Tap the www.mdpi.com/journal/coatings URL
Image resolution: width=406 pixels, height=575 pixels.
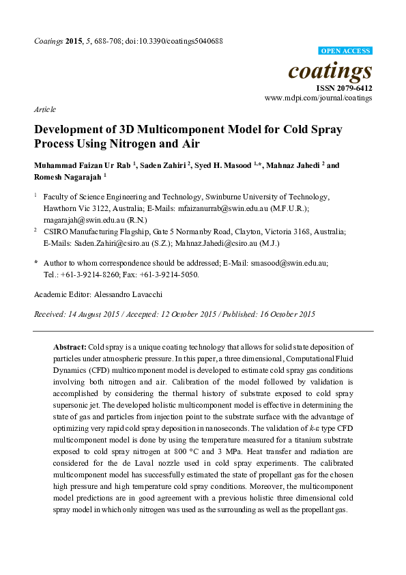click(318, 98)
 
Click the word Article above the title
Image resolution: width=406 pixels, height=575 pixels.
click(44, 109)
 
